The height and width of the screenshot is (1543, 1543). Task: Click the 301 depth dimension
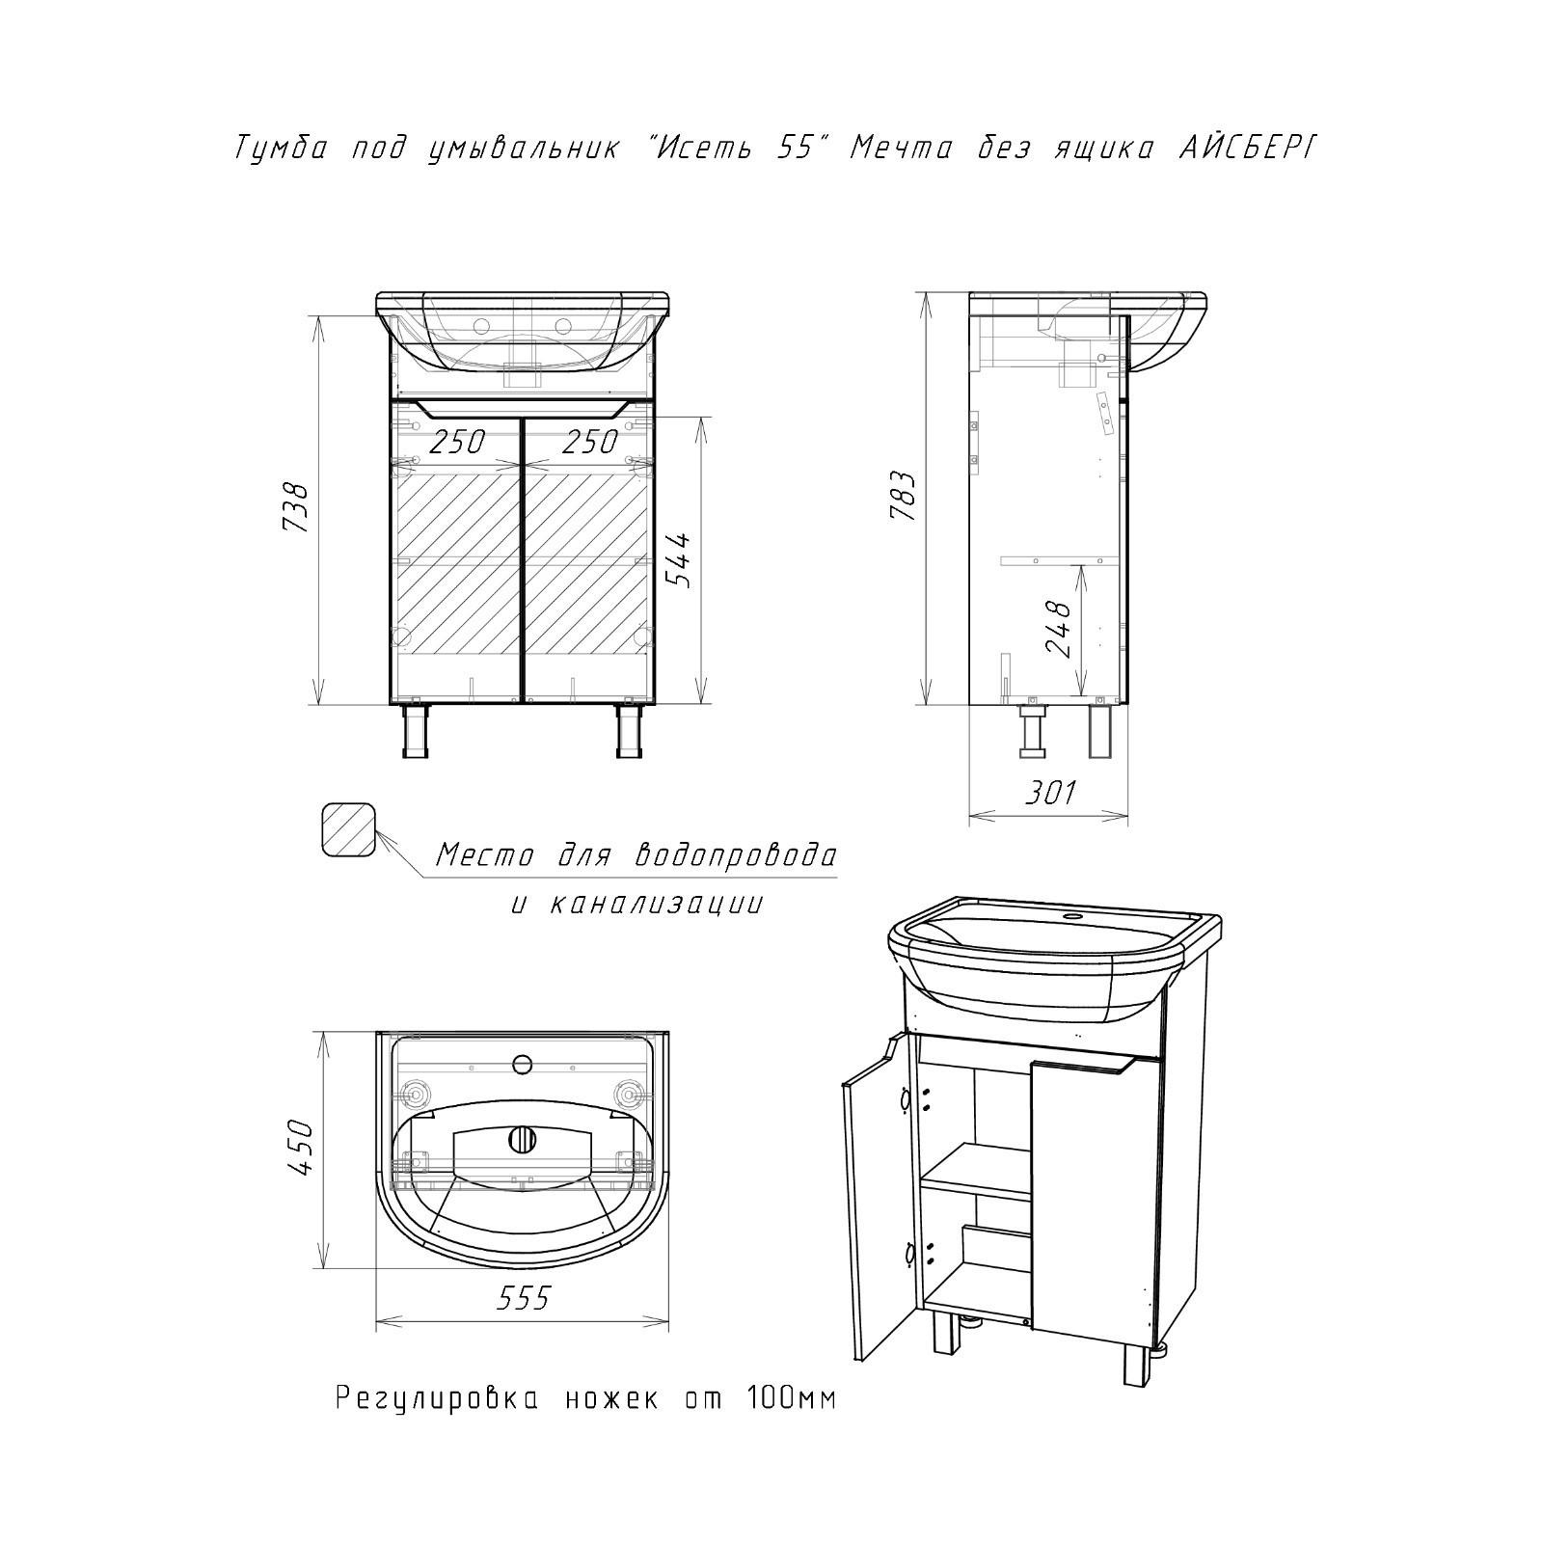[1048, 793]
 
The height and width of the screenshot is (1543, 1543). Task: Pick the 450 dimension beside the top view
[300, 1147]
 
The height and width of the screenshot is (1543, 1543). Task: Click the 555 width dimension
[523, 1298]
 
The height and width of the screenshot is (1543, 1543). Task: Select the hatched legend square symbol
[348, 829]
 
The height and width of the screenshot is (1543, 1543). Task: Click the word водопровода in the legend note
[736, 855]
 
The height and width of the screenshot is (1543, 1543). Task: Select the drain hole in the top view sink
[522, 1139]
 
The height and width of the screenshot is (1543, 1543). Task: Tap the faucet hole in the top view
[522, 1066]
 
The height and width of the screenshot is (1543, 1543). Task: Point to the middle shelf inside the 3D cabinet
[975, 1171]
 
